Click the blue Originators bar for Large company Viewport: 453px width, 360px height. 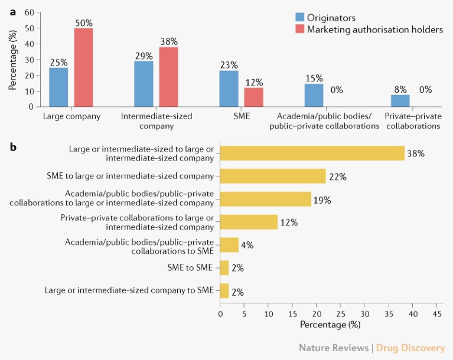click(58, 87)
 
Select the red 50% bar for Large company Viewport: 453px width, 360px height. click(83, 67)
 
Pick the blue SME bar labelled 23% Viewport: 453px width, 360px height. click(229, 89)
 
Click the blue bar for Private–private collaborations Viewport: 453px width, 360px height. click(400, 100)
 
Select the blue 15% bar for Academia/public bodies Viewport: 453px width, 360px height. click(314, 95)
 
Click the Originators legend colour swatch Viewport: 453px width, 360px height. click(301, 17)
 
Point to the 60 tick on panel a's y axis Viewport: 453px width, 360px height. click(30, 12)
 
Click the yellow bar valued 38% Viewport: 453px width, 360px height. click(312, 153)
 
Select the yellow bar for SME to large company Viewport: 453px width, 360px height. click(272, 176)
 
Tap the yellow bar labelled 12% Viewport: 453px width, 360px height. click(248, 222)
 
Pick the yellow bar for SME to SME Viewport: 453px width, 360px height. click(224, 268)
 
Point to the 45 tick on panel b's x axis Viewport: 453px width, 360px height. click(437, 314)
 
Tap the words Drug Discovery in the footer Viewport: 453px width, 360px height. click(411, 348)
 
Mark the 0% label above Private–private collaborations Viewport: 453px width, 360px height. click(425, 90)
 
